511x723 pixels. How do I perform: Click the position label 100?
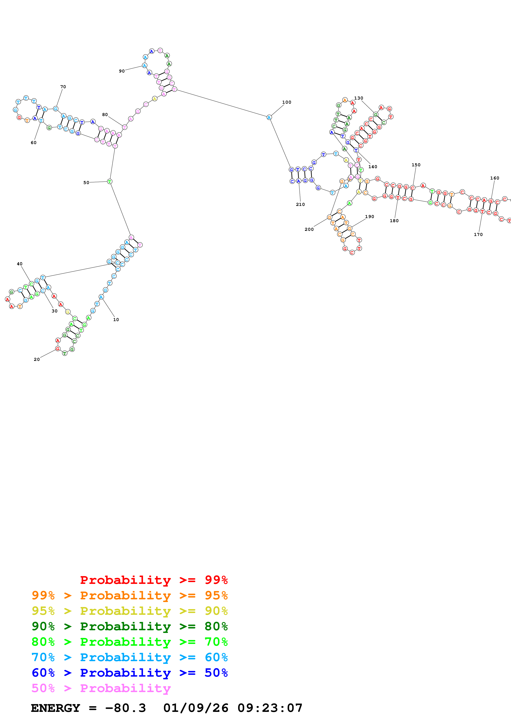287,102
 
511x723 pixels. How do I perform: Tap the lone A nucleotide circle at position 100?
269,117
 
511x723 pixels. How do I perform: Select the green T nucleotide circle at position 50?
110,181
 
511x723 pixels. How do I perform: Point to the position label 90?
122,71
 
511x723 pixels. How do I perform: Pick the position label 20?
36,359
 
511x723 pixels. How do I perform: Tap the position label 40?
20,264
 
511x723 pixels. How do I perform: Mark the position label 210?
300,204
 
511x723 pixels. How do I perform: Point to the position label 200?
309,229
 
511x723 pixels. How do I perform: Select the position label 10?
116,320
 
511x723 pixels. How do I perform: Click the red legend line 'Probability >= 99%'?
154,580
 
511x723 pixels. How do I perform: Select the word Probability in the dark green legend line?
125,626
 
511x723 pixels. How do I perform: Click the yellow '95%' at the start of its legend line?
43,611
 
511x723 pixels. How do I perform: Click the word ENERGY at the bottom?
55,708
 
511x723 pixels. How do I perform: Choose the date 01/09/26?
196,708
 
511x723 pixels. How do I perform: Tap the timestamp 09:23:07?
270,708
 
